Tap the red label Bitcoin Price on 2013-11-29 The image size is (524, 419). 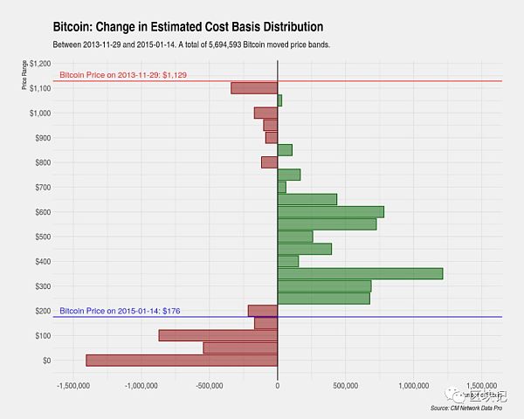(121, 76)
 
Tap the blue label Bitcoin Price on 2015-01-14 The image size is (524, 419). (120, 311)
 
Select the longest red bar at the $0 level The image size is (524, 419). (182, 361)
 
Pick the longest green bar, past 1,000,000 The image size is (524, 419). (360, 273)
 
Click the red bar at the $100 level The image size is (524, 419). (217, 335)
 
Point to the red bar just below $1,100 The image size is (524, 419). (254, 88)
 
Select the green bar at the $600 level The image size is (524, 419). (330, 211)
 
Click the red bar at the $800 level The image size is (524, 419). (269, 162)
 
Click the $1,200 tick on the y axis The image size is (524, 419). (38, 64)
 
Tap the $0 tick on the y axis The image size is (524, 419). (44, 361)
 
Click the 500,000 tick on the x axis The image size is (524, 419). (345, 385)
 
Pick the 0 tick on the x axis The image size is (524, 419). (277, 385)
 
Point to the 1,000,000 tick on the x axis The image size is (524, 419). (413, 385)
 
